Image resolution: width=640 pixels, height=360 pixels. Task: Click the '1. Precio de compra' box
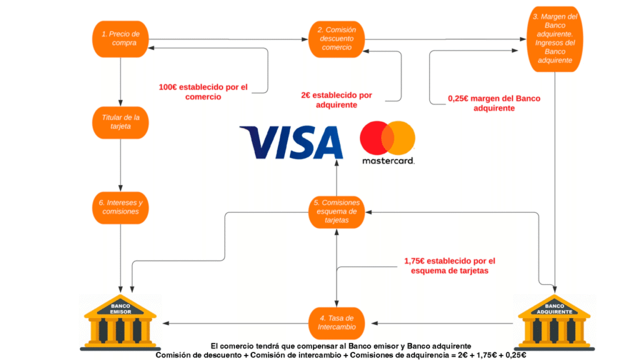click(x=120, y=38)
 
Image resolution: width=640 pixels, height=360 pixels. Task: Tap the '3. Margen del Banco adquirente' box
click(x=554, y=38)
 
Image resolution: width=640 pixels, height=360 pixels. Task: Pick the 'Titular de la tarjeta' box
click(x=120, y=121)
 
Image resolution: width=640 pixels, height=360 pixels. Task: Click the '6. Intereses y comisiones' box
click(x=120, y=207)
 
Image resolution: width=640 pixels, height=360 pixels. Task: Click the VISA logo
click(x=291, y=142)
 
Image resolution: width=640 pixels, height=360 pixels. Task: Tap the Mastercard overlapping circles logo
click(x=387, y=136)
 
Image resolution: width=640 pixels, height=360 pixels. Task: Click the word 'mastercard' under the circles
click(x=387, y=161)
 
